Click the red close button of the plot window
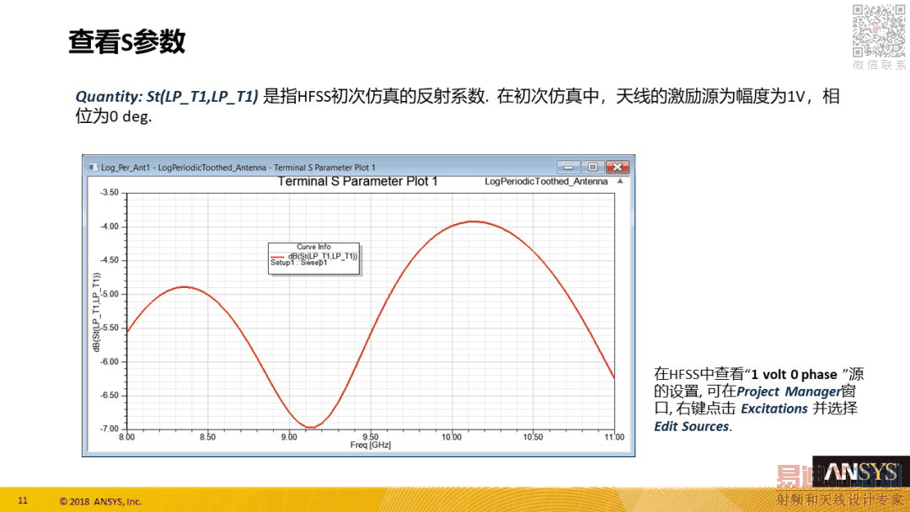618,167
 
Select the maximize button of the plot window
592,167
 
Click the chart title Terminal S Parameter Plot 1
357,182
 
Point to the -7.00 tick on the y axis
110,429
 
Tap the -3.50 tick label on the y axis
110,193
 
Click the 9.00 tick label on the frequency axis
289,437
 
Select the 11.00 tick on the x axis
614,437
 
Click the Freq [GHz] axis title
370,445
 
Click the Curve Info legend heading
313,247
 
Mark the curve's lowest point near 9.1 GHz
310,428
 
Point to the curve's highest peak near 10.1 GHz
474,221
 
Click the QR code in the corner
878,30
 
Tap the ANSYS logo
861,472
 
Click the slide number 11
23,500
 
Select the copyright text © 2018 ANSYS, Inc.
100,502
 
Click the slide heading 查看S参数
127,42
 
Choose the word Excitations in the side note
774,408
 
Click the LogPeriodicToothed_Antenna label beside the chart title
546,182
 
